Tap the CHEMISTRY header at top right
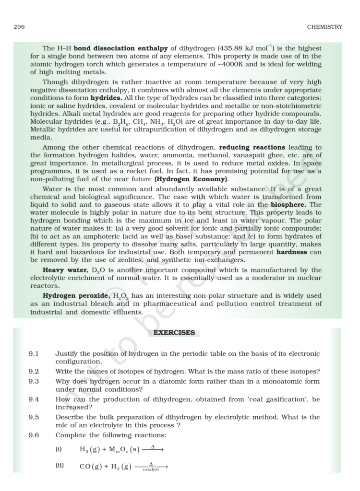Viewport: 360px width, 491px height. click(325, 27)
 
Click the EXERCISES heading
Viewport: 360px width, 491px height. click(174, 332)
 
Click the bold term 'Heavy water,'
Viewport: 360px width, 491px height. click(62, 270)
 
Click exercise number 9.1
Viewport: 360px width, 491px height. click(34, 354)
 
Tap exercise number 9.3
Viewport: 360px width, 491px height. click(34, 381)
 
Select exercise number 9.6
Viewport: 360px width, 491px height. click(34, 435)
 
